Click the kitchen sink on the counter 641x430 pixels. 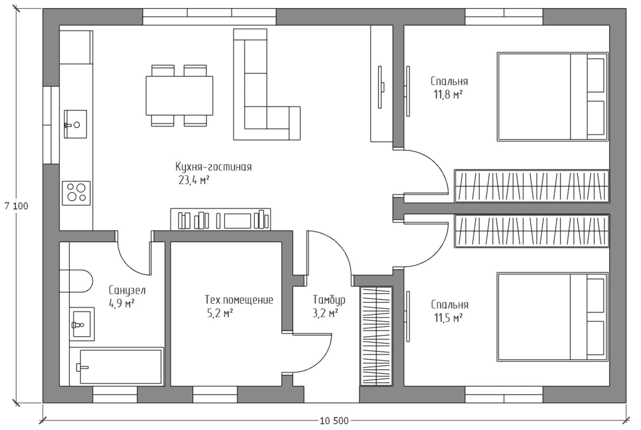click(75, 124)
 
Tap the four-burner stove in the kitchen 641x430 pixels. click(76, 193)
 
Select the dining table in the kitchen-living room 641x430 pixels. click(180, 96)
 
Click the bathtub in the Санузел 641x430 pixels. click(120, 367)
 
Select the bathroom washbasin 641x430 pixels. click(82, 324)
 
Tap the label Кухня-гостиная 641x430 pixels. click(213, 167)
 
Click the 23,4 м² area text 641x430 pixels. click(194, 180)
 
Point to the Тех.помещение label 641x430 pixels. click(239, 300)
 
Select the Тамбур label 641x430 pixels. click(329, 300)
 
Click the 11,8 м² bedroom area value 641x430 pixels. click(448, 94)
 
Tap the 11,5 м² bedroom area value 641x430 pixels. click(448, 318)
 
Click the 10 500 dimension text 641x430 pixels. click(334, 421)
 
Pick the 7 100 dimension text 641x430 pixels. click(16, 206)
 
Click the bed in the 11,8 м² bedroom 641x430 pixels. click(553, 97)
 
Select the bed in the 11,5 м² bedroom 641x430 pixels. click(553, 317)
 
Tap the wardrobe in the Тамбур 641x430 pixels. click(376, 336)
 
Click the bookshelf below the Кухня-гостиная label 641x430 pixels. click(221, 219)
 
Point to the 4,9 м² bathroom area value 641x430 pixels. click(121, 303)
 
